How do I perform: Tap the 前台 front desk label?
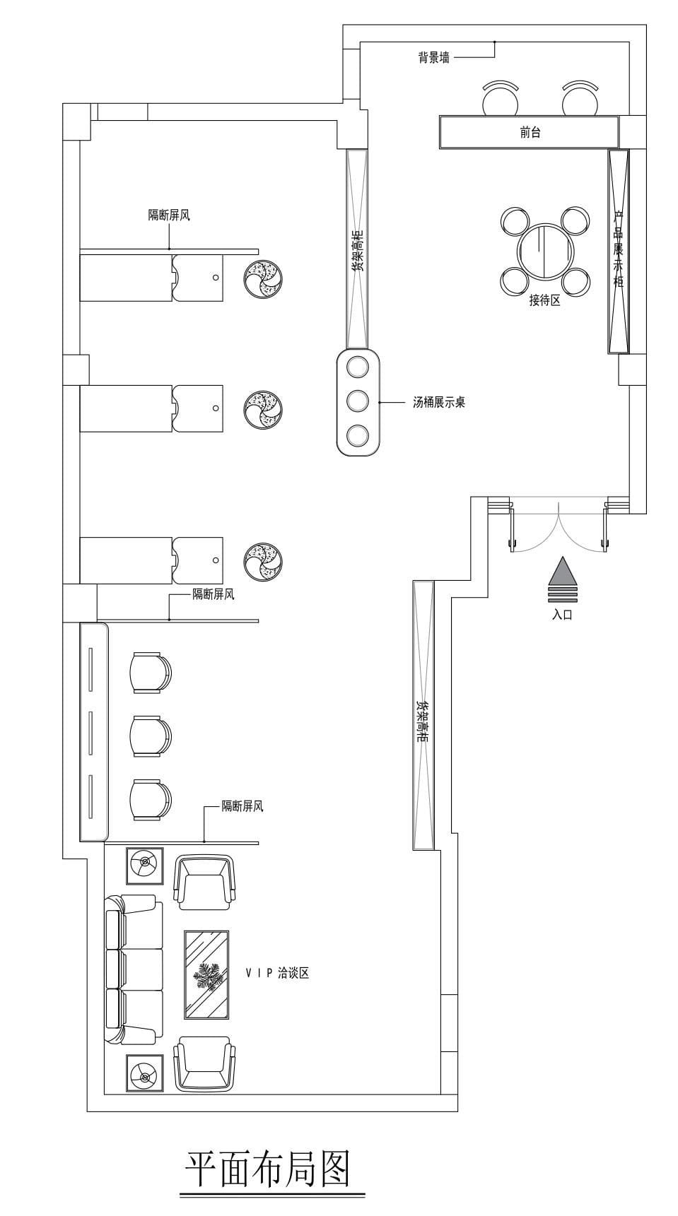[530, 132]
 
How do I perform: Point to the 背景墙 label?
[433, 58]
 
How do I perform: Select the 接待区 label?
[544, 300]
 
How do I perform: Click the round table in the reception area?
[545, 252]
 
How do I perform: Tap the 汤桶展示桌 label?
[439, 403]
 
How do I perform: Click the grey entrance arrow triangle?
[563, 571]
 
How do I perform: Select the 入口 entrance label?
[562, 615]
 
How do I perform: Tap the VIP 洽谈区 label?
[277, 973]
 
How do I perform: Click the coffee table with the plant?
[206, 974]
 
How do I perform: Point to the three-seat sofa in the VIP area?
[134, 969]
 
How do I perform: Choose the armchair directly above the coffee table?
[204, 883]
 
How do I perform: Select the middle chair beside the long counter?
[150, 736]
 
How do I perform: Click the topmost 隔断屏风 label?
[169, 215]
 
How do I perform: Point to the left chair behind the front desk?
[501, 98]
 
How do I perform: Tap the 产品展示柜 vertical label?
[619, 249]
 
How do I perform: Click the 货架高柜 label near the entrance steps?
[421, 721]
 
